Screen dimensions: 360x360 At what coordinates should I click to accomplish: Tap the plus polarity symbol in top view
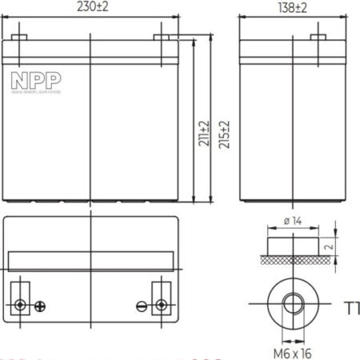click(x=41, y=306)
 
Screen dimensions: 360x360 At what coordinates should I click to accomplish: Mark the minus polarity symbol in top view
click(x=142, y=306)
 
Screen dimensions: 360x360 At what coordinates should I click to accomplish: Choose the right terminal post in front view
click(x=161, y=38)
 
